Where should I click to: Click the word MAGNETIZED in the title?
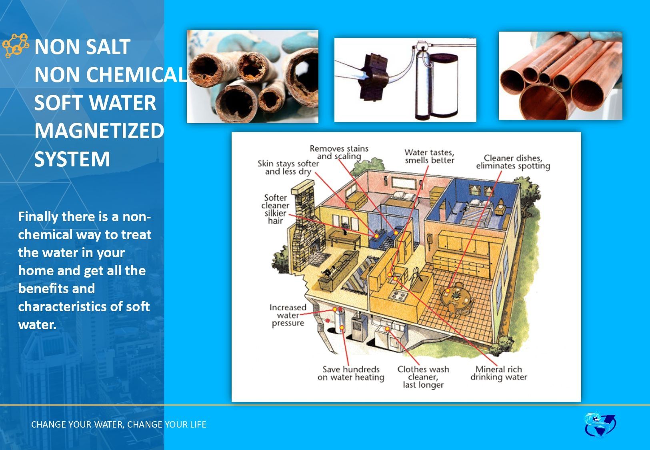click(x=99, y=130)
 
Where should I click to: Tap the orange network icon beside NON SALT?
click(x=16, y=46)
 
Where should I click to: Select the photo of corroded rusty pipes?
click(x=252, y=76)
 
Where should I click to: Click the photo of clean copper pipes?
click(x=560, y=76)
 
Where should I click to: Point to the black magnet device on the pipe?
click(x=374, y=77)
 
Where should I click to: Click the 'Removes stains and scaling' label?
click(x=339, y=152)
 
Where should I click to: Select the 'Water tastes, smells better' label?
click(x=430, y=156)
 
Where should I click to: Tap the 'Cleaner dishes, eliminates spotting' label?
click(x=513, y=162)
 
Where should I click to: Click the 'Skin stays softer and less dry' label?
click(x=288, y=168)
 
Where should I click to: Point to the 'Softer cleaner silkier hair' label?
click(x=275, y=209)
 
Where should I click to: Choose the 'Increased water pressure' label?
click(x=288, y=315)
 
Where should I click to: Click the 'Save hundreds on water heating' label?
click(x=351, y=374)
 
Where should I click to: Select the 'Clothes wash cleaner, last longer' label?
click(x=423, y=377)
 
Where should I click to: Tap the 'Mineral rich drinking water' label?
click(x=499, y=374)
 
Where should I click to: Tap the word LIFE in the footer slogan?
click(x=198, y=424)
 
